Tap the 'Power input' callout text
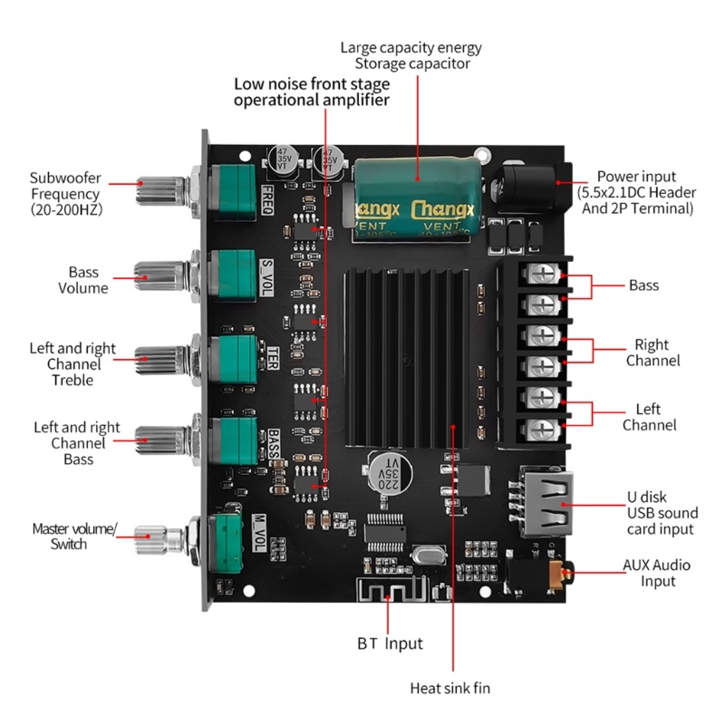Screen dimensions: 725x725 coord(635,192)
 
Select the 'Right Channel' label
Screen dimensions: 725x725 coord(652,353)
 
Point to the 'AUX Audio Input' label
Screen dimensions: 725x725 coord(656,573)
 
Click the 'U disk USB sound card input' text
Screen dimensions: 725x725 coord(660,513)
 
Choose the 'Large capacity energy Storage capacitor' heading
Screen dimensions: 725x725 coord(411,55)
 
